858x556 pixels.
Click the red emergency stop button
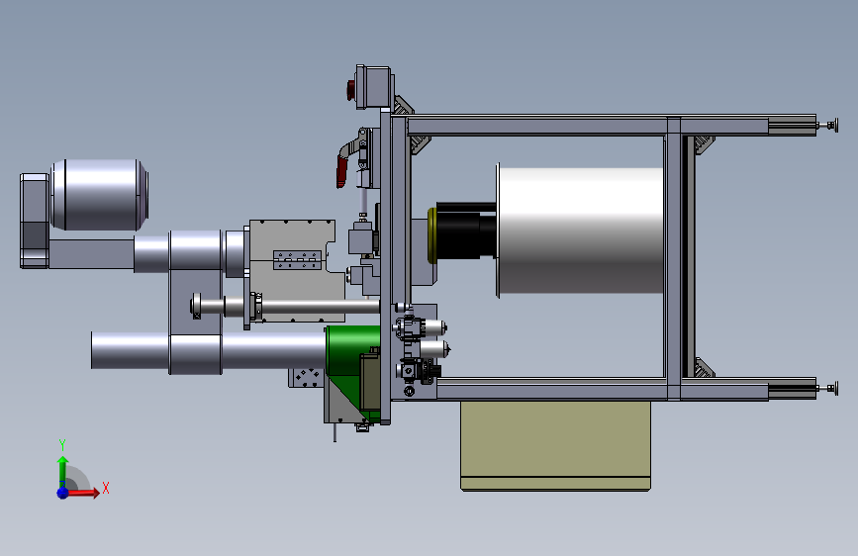[x=350, y=90]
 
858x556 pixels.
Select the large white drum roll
[x=581, y=230]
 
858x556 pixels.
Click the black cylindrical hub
[x=466, y=231]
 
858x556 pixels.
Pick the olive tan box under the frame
[x=555, y=445]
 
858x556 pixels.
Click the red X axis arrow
[x=82, y=493]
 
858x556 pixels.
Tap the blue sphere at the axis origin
[x=62, y=493]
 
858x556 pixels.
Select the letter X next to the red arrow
[x=106, y=488]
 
